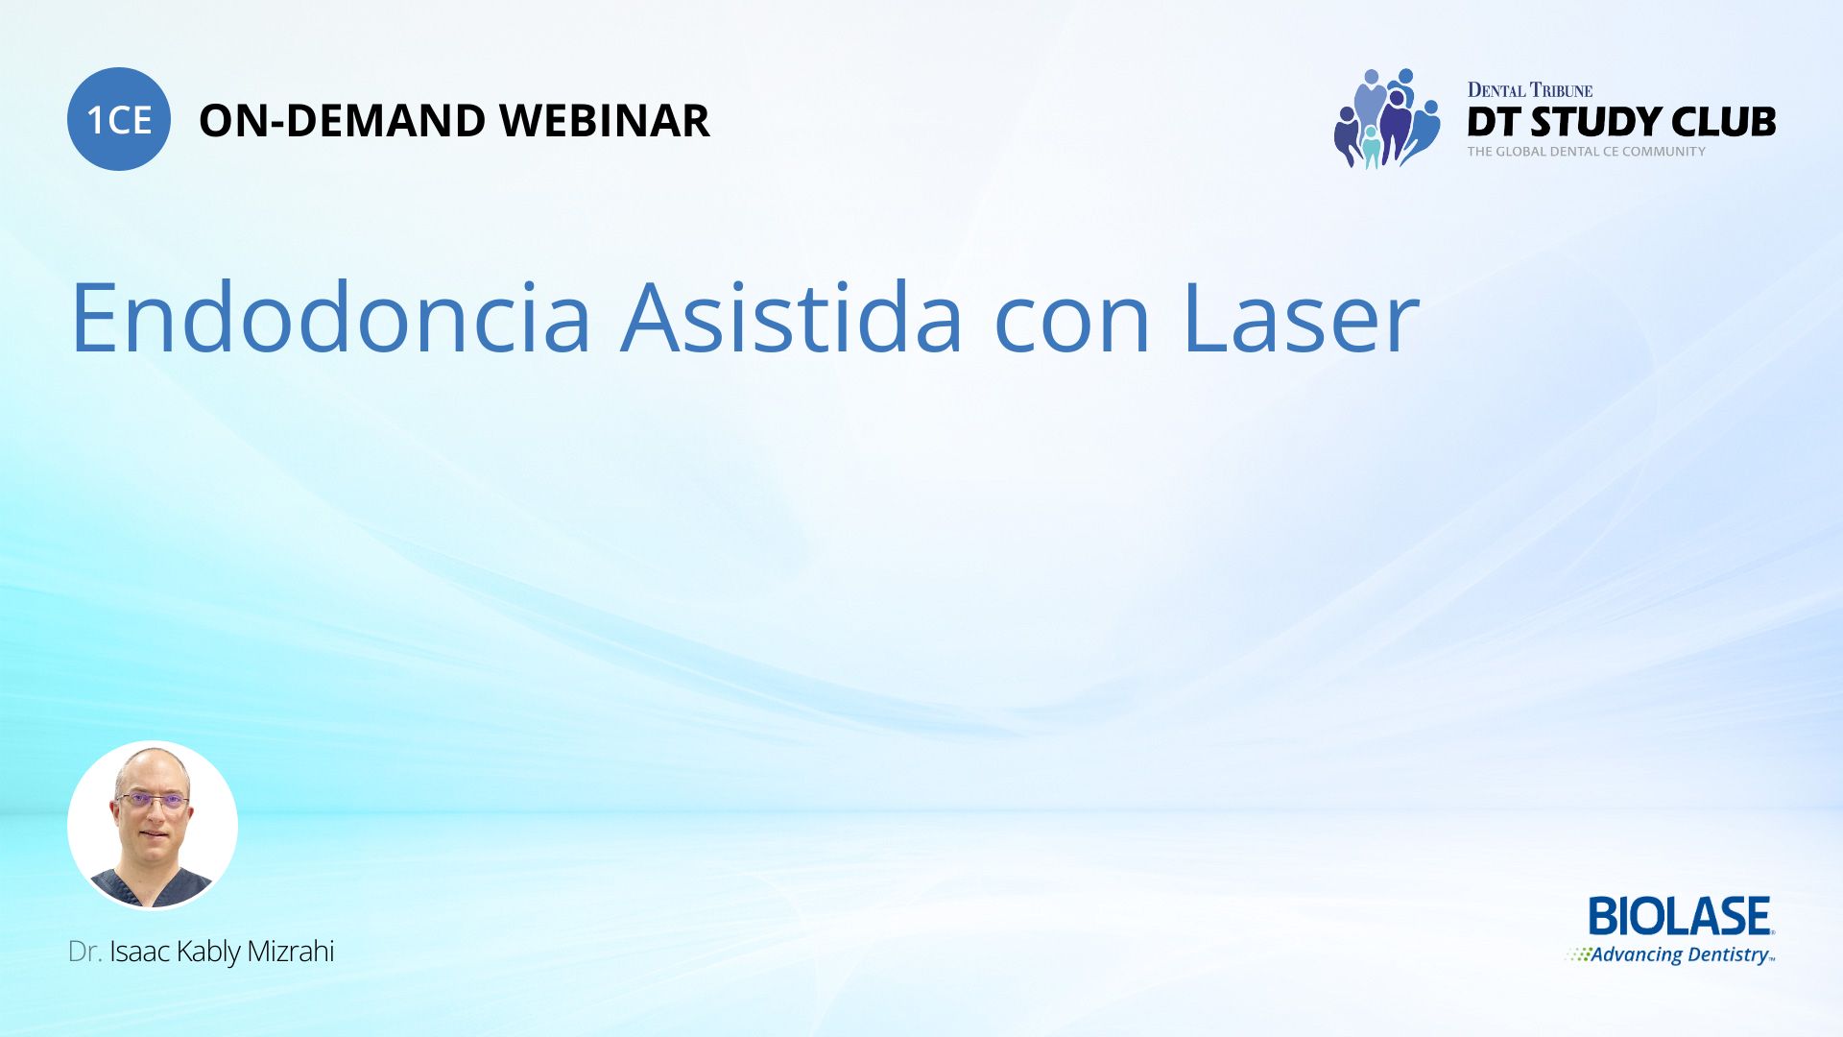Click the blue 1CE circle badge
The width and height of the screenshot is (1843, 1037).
(119, 119)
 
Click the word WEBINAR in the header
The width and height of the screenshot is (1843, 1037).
(605, 121)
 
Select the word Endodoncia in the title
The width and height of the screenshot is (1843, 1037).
(331, 317)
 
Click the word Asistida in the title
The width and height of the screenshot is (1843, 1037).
(792, 317)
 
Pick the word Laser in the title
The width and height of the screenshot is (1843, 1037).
(1301, 317)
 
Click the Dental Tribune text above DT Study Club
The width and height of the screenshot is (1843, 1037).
(1530, 90)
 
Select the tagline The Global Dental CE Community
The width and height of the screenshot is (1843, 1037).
(1587, 152)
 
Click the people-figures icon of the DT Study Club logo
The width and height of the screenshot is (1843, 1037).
(1387, 119)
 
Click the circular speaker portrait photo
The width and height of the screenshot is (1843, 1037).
(153, 825)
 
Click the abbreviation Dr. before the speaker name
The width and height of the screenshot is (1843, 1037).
(84, 952)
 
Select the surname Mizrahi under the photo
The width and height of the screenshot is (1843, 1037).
(291, 952)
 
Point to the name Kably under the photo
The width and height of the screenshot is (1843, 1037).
(208, 953)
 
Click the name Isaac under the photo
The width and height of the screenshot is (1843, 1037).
(140, 952)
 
